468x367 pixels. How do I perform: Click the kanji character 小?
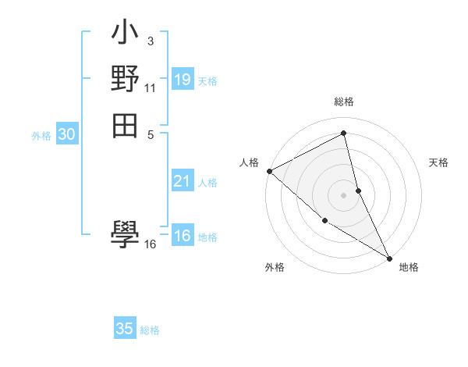click(x=125, y=35)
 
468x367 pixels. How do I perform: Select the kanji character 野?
click(x=125, y=79)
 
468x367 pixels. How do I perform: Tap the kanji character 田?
click(x=125, y=125)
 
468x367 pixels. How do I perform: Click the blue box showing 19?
click(x=183, y=79)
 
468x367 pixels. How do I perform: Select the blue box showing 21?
click(x=183, y=181)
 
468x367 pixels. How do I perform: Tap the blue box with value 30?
click(x=67, y=134)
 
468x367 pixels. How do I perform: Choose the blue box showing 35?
click(x=125, y=329)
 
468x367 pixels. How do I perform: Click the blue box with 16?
click(x=183, y=236)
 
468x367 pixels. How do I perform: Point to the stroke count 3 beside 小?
click(x=150, y=40)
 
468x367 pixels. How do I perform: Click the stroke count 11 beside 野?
click(x=151, y=88)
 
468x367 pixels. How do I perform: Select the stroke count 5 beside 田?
click(x=150, y=134)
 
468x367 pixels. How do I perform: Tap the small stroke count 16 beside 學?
click(x=151, y=244)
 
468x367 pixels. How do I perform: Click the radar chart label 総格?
click(x=344, y=102)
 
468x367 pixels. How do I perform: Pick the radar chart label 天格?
click(x=439, y=162)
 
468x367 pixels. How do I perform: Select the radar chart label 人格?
click(x=249, y=162)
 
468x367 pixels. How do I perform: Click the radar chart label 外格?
click(x=275, y=267)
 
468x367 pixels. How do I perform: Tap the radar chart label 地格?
click(x=409, y=267)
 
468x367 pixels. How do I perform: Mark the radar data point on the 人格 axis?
click(x=269, y=171)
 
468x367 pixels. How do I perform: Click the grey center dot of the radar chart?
click(x=344, y=194)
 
